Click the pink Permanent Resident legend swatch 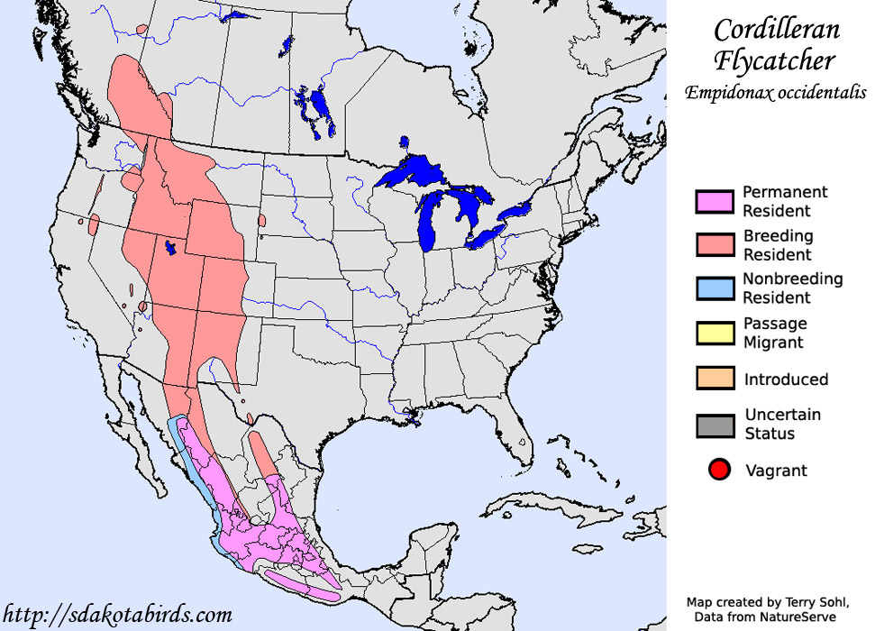[715, 201]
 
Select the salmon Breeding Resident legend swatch [715, 245]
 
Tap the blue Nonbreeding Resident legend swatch [715, 288]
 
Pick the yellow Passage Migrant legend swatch [715, 333]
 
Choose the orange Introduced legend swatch [715, 379]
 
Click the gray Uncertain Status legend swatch [715, 424]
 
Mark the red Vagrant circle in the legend [718, 470]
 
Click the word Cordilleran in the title [776, 31]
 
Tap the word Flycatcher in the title [776, 61]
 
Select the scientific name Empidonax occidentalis [775, 92]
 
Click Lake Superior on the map [424, 171]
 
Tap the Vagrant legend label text [776, 471]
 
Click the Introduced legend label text [786, 380]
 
